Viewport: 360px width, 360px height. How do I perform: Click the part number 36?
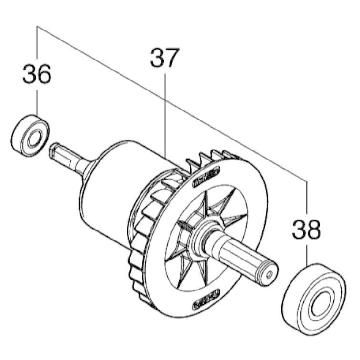tap(37, 74)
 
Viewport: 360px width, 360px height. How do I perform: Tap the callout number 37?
tap(164, 58)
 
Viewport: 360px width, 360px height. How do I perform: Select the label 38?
tap(306, 229)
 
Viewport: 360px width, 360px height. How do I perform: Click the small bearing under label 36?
tap(30, 136)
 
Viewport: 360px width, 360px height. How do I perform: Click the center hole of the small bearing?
tap(34, 139)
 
